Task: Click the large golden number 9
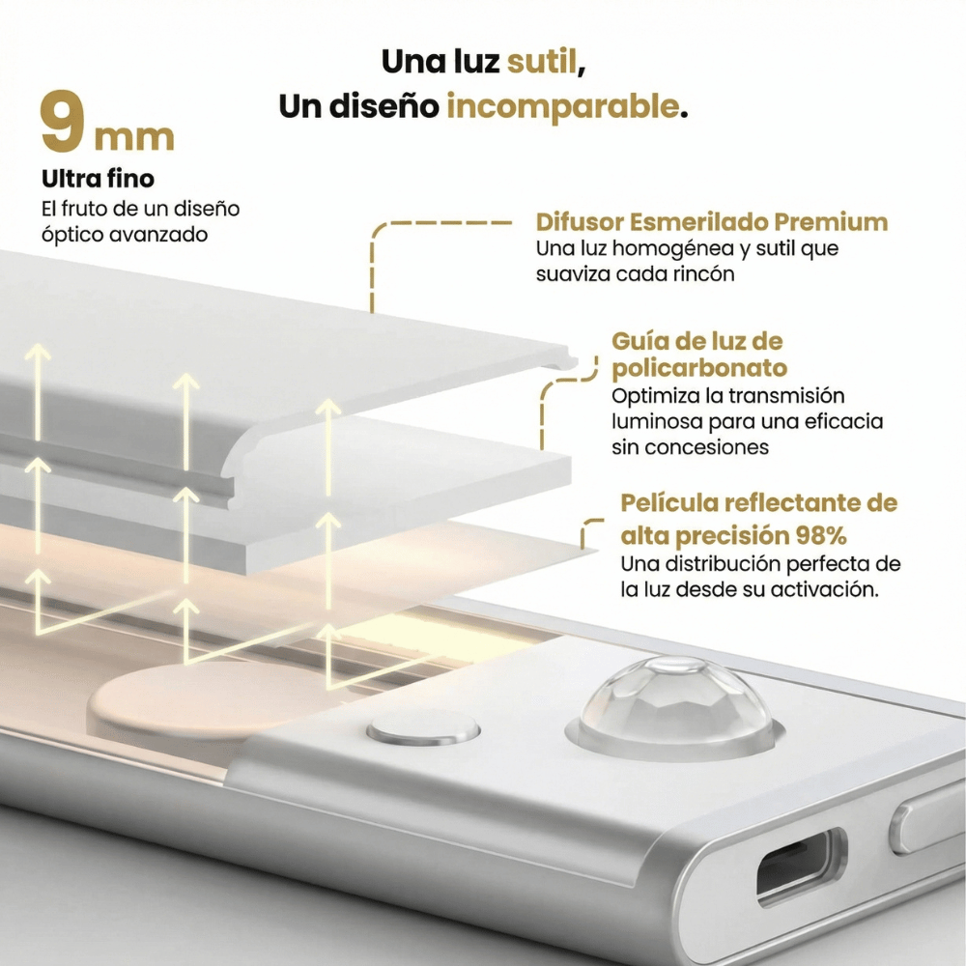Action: coord(64,124)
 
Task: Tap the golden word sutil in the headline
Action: coord(546,61)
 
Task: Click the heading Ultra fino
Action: coord(98,180)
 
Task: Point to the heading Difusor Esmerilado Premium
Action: coord(712,222)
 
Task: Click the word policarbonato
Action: coord(699,368)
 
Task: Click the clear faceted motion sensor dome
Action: coord(675,700)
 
